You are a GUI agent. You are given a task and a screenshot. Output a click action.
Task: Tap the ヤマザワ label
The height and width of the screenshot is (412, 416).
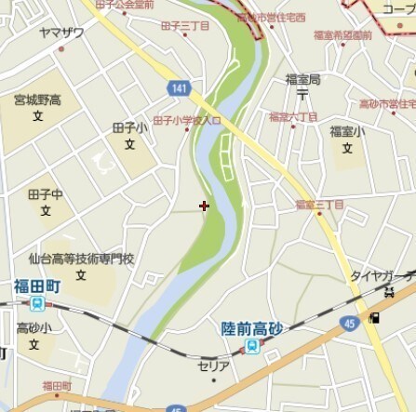61,33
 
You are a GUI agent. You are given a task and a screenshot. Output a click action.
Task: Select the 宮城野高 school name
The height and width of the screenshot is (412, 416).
36,100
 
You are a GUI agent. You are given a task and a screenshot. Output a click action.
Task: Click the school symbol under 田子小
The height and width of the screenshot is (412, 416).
130,144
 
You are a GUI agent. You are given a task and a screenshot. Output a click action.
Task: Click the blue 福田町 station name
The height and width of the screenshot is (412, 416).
36,286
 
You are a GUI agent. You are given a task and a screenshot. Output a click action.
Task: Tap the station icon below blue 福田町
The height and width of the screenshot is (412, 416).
36,303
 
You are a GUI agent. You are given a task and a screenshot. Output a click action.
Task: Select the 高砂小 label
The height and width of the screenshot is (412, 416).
34,328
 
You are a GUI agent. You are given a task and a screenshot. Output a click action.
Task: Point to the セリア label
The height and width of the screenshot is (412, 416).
214,366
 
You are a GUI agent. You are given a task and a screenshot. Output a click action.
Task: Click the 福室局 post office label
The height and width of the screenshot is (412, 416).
302,79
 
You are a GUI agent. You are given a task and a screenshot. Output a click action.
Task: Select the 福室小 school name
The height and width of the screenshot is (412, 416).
346,131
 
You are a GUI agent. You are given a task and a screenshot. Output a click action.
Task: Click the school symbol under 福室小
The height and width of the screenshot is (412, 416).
346,147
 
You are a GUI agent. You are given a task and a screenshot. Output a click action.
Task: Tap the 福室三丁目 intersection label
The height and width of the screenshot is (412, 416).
319,204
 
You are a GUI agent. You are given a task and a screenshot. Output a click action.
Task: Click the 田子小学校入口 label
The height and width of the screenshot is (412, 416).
186,121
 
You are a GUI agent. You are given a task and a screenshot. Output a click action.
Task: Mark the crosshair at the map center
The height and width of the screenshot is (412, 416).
204,206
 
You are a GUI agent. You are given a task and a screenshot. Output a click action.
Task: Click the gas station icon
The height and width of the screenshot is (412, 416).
374,319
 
